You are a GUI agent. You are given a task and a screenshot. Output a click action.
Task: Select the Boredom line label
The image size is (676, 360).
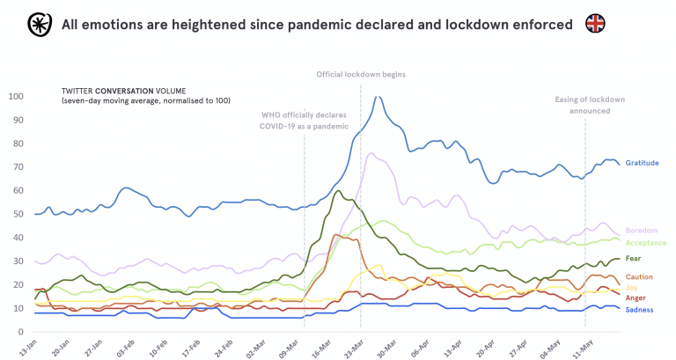coord(640,231)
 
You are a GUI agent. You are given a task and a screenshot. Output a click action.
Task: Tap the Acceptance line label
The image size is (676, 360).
coord(644,242)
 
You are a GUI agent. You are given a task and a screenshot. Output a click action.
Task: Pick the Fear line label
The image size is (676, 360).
coord(634,259)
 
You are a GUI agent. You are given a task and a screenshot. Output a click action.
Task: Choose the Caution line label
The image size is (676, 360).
coord(638,276)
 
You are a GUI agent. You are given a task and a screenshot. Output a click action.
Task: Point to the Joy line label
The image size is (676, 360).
coord(631,288)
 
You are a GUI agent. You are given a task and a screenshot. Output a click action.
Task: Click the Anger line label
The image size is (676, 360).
coord(635,298)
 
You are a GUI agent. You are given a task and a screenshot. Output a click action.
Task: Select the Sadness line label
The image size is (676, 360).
coord(638,310)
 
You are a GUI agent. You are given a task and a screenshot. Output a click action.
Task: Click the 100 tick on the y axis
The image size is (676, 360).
coord(17,96)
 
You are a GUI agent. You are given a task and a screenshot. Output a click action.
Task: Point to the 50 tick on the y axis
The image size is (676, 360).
coord(19,214)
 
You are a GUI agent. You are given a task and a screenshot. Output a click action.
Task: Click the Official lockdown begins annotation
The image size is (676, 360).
coord(361,75)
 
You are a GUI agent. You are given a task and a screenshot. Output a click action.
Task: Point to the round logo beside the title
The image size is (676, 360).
coord(38,24)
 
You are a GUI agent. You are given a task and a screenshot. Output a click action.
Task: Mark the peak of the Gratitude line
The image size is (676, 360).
coord(378,97)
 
